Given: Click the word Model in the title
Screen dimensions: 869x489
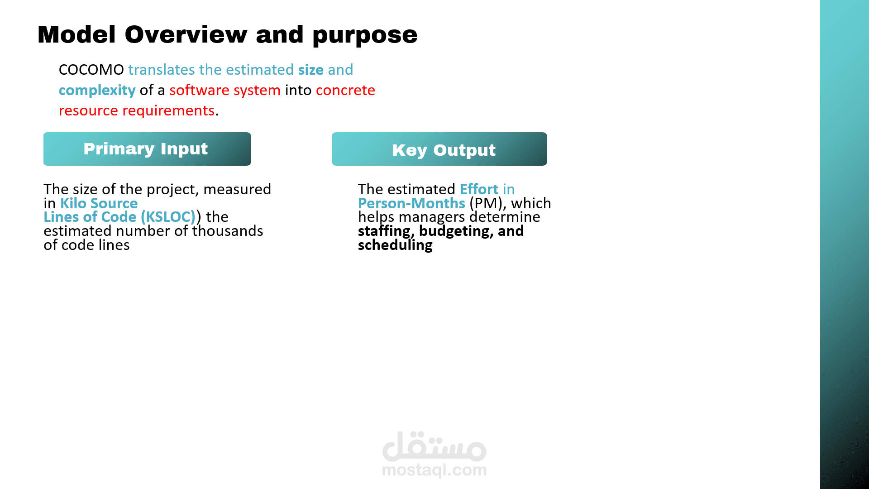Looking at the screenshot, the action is point(77,34).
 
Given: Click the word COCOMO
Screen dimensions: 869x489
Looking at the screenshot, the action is point(91,70).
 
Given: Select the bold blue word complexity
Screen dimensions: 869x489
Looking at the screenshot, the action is point(97,91).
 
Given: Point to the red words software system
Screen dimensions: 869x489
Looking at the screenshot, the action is point(225,91).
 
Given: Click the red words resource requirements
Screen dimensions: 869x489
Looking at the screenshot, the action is point(137,111).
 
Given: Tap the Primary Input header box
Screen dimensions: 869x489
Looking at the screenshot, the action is point(147,149).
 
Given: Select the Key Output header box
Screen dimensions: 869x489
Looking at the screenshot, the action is point(439,149).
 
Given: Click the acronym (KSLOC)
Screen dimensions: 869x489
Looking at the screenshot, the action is point(168,217).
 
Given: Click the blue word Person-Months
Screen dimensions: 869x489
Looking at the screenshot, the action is point(411,203).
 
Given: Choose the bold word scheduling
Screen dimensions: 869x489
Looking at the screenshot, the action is point(395,245).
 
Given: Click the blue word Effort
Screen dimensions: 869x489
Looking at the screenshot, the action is point(479,189).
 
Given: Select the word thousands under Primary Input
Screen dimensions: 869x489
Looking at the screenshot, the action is point(228,231).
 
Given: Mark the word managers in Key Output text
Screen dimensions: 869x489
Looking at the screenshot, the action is point(432,217).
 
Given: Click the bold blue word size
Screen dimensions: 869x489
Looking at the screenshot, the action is point(311,70).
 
